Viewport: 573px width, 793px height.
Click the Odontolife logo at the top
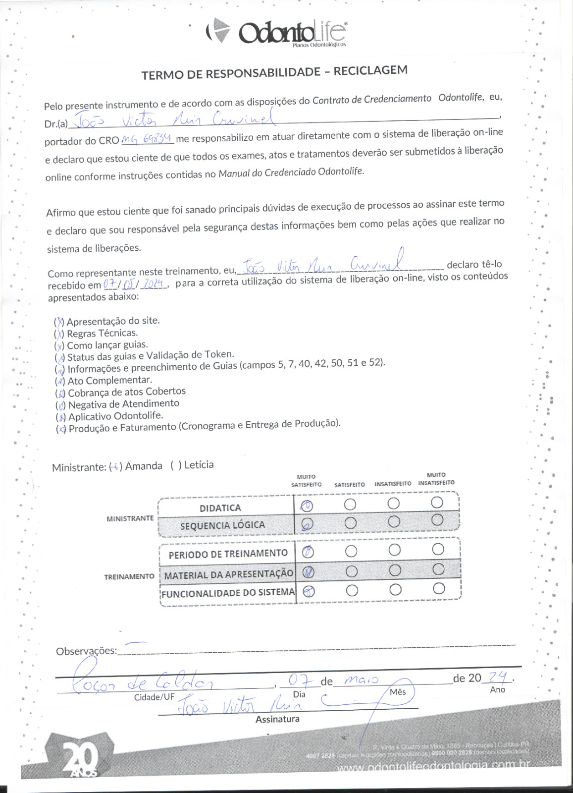[x=275, y=32]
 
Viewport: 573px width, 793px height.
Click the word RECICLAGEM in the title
[x=370, y=70]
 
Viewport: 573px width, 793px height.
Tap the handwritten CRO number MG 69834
[x=147, y=139]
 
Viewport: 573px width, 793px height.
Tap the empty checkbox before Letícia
[x=176, y=465]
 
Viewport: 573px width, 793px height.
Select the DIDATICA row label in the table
[x=220, y=508]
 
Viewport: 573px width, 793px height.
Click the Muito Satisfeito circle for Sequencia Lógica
[x=307, y=524]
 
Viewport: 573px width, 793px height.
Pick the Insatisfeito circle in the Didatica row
[x=394, y=504]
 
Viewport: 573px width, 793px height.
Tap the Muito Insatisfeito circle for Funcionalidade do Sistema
[x=438, y=588]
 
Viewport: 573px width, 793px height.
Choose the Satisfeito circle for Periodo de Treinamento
[x=351, y=551]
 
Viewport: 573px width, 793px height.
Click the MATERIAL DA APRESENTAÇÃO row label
[x=228, y=574]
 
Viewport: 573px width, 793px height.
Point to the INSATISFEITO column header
[x=393, y=483]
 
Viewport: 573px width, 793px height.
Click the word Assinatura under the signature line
[x=277, y=719]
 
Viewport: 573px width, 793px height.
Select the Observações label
[x=86, y=651]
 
